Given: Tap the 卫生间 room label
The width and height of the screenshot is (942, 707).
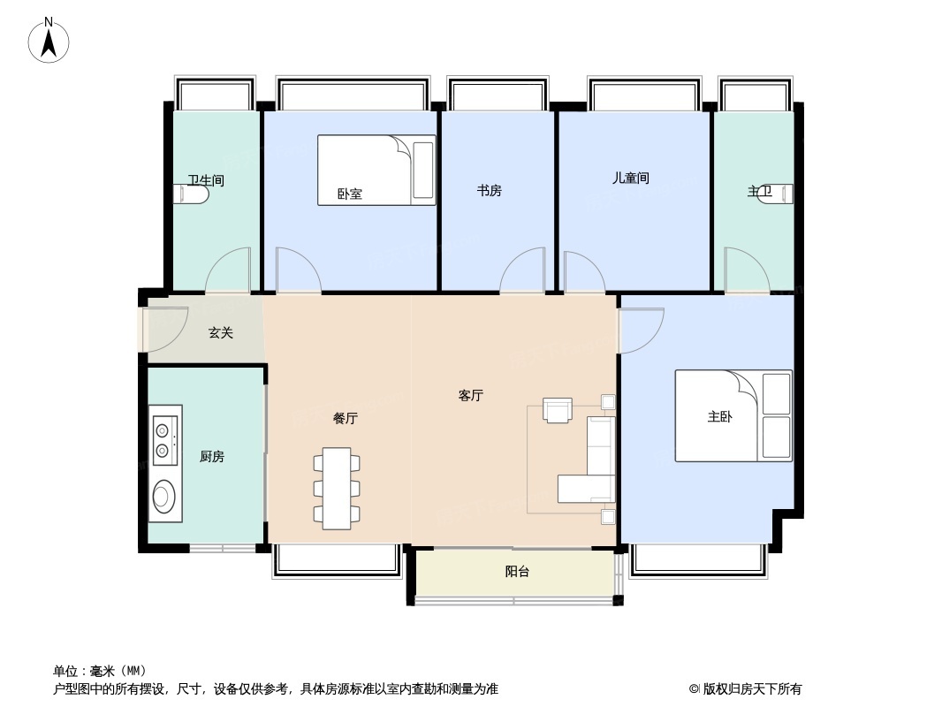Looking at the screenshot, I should pyautogui.click(x=206, y=180).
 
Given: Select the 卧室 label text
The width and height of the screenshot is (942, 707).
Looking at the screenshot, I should pyautogui.click(x=350, y=194).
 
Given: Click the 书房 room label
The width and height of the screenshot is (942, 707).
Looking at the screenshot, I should pyautogui.click(x=489, y=190).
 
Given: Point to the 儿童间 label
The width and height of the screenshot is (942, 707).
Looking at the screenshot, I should pyautogui.click(x=631, y=178).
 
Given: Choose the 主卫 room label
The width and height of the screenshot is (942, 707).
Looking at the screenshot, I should pyautogui.click(x=759, y=191).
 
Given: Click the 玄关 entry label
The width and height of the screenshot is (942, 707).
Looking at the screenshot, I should pyautogui.click(x=221, y=333).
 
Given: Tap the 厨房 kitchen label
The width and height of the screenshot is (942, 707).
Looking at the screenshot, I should pyautogui.click(x=212, y=456).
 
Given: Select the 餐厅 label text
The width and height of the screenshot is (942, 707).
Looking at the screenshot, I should pyautogui.click(x=345, y=419).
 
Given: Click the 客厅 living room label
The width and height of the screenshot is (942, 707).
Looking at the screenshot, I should pyautogui.click(x=471, y=396).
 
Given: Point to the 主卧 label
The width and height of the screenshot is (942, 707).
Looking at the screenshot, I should pyautogui.click(x=719, y=417).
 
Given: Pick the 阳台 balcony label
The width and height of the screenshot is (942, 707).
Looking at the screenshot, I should pyautogui.click(x=517, y=572).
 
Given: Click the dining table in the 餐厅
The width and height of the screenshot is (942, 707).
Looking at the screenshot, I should pyautogui.click(x=337, y=488).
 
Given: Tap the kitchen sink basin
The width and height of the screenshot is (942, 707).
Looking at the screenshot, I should pyautogui.click(x=163, y=496).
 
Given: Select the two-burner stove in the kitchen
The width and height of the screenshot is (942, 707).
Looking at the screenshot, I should pyautogui.click(x=163, y=441).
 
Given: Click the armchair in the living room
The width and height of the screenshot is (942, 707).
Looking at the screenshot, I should pyautogui.click(x=558, y=410).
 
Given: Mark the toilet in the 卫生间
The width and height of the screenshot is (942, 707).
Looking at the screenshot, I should pyautogui.click(x=195, y=194).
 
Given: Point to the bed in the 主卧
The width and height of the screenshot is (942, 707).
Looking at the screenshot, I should pyautogui.click(x=733, y=415).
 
